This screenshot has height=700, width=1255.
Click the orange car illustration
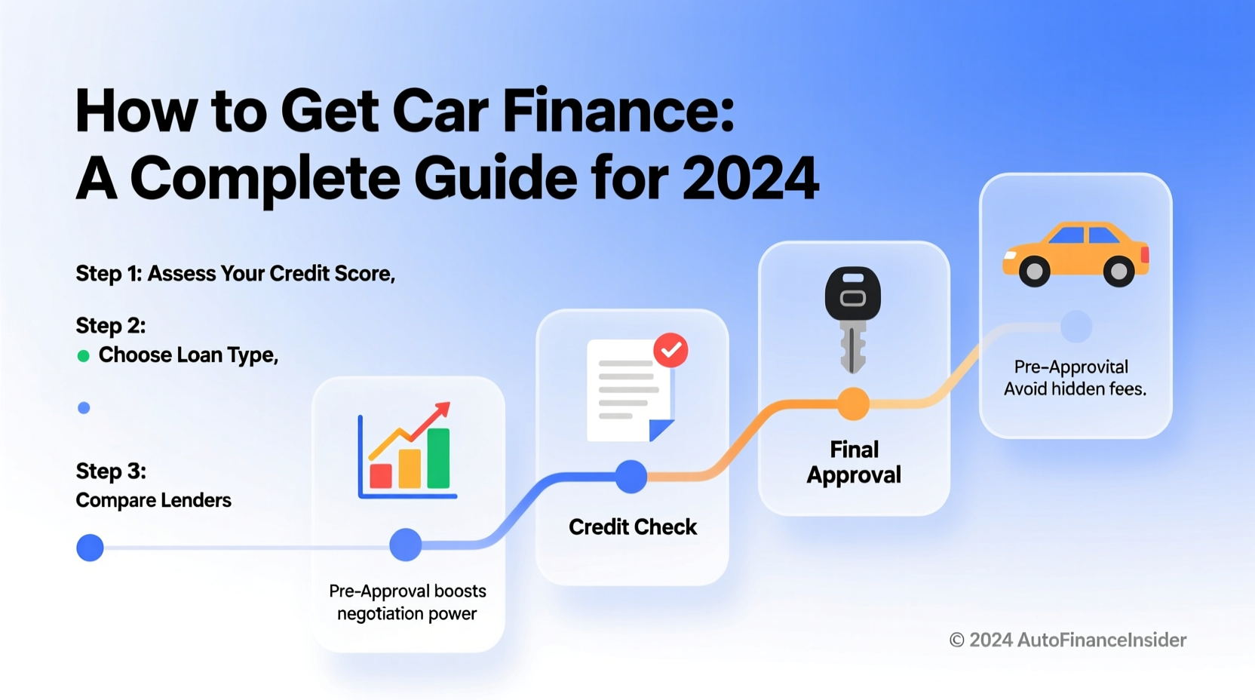(x=1075, y=253)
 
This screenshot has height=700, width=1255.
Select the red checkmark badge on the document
(x=670, y=350)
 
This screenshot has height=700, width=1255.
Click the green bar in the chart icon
(x=438, y=458)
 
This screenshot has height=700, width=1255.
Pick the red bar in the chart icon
(x=381, y=476)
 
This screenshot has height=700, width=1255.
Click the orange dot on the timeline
(x=853, y=404)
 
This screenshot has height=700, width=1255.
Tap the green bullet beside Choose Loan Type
(x=84, y=356)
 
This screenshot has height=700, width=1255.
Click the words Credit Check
(x=632, y=527)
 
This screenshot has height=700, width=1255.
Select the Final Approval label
(x=854, y=462)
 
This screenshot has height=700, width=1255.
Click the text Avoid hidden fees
(x=1075, y=389)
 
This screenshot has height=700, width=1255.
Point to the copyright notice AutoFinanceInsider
(x=1067, y=640)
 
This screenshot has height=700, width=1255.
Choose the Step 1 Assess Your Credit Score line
(x=235, y=274)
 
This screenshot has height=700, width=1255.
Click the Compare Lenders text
(x=153, y=500)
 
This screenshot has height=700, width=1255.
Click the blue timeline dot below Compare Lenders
(x=90, y=548)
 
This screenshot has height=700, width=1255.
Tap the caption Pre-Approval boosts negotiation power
(x=407, y=602)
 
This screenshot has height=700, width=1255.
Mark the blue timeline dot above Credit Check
(x=631, y=477)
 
